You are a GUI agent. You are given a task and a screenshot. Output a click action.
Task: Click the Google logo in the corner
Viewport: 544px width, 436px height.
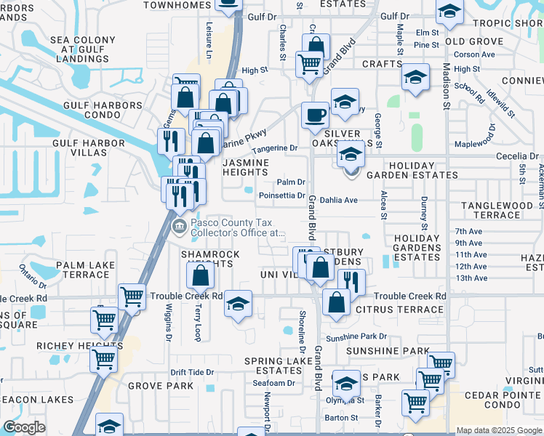click(24, 427)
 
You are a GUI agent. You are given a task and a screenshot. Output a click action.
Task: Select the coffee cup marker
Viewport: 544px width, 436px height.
click(315, 116)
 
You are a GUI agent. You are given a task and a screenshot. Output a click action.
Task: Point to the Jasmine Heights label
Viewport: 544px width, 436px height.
click(246, 168)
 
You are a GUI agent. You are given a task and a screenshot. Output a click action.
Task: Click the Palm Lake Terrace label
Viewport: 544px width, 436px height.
click(76, 270)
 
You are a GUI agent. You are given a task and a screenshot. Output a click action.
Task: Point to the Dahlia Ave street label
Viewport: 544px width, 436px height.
click(339, 200)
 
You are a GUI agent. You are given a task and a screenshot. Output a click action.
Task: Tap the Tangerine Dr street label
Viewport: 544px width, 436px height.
click(274, 148)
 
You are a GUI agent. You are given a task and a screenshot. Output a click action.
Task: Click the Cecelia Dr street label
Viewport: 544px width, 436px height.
click(517, 156)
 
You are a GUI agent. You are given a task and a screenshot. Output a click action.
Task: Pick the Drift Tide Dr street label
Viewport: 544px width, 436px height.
click(192, 372)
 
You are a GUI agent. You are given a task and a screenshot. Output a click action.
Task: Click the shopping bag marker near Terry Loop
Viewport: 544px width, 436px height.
click(200, 276)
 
